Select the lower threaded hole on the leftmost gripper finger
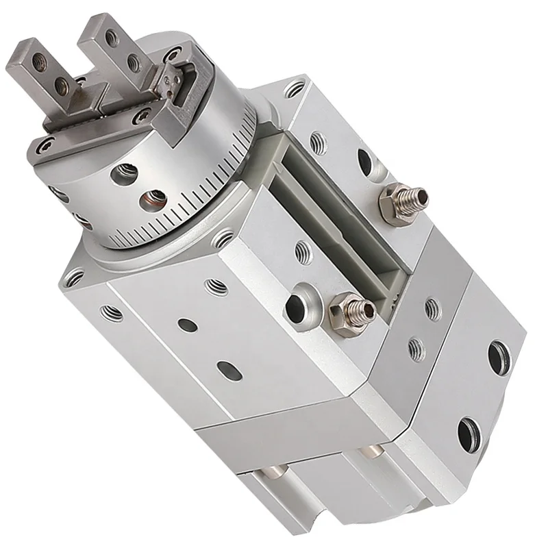(64, 86)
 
